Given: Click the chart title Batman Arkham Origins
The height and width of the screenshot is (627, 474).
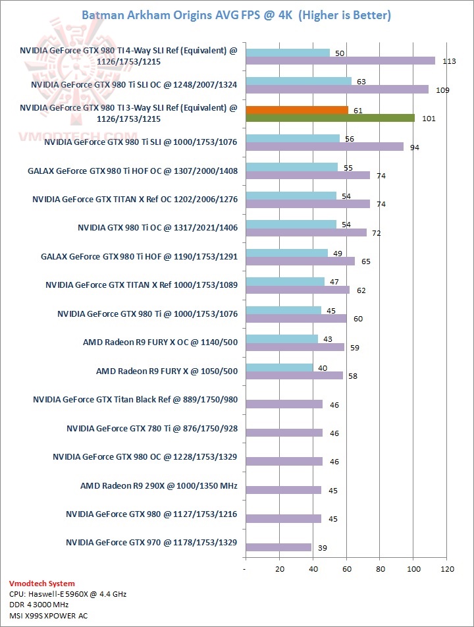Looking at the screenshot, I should click(x=236, y=14).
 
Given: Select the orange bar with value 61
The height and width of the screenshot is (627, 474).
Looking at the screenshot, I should click(x=296, y=110).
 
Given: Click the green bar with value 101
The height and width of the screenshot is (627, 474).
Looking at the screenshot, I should click(x=330, y=119).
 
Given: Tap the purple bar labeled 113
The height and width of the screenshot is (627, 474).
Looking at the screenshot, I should click(x=340, y=61).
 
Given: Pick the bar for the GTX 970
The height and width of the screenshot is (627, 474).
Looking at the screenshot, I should click(x=278, y=547).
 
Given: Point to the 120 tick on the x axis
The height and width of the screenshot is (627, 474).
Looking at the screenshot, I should click(x=448, y=568).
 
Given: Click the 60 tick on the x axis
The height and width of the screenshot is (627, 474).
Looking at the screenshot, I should click(x=346, y=568).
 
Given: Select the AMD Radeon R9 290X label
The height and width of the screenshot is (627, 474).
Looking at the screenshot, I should click(x=159, y=487).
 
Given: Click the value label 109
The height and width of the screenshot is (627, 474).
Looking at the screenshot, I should click(x=442, y=90).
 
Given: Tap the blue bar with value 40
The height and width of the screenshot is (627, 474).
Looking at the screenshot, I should click(x=279, y=368).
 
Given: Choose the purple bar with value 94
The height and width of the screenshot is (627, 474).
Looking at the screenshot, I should click(x=324, y=147).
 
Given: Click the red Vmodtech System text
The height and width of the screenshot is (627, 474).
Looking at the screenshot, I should click(x=41, y=583).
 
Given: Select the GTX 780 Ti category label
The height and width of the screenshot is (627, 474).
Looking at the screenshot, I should click(x=151, y=429).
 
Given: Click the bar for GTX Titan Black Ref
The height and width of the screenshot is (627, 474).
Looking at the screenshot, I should click(x=284, y=404).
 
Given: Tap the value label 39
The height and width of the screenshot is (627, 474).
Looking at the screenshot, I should click(x=323, y=548).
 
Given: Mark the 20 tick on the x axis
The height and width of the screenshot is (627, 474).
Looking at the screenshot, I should click(x=279, y=568).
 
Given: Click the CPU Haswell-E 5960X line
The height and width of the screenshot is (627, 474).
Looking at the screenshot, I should click(x=68, y=593).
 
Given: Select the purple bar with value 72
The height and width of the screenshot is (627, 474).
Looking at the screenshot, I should click(x=305, y=232).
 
